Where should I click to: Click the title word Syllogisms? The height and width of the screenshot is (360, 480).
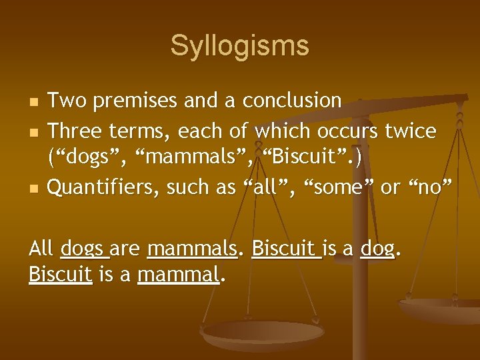(x=239, y=46)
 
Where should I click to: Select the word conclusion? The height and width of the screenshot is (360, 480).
(x=292, y=101)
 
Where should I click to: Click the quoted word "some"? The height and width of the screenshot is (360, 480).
(x=339, y=187)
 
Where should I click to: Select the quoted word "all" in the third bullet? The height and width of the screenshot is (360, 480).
(x=274, y=187)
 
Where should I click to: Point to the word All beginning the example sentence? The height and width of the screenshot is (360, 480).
(x=41, y=249)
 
